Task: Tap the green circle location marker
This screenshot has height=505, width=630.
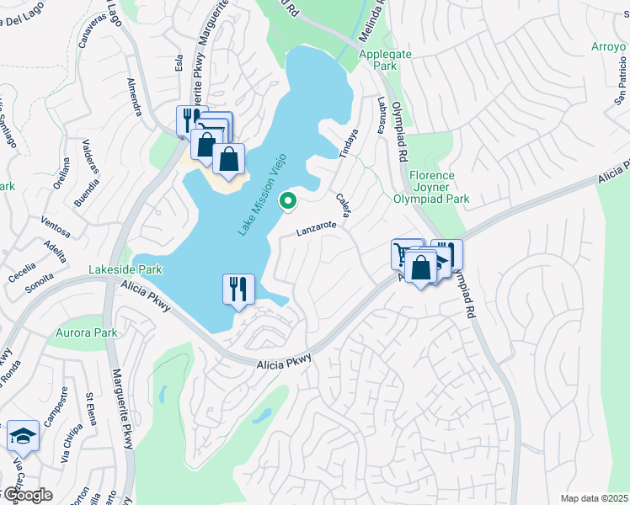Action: (x=288, y=200)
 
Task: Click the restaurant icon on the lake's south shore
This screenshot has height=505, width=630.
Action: (x=238, y=289)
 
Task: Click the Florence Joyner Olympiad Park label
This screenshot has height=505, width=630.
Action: (x=432, y=188)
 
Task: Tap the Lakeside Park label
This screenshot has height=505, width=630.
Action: (x=125, y=270)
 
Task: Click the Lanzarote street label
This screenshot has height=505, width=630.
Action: (x=317, y=227)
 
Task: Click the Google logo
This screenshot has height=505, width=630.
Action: (x=26, y=495)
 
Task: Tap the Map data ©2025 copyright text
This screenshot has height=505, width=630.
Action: (x=594, y=498)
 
